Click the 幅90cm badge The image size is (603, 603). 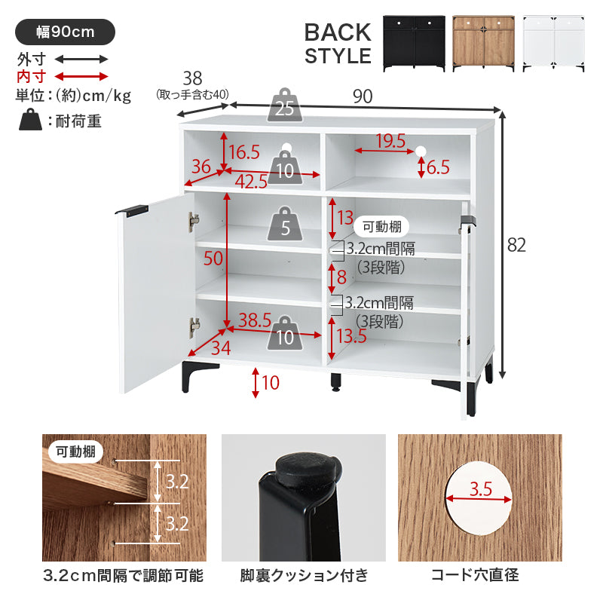coord(65,32)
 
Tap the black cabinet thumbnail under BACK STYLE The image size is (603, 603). coord(414,43)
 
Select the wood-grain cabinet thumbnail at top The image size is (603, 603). coord(483,43)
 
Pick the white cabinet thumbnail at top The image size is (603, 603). coord(553,43)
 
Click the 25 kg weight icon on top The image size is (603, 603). coord(285,105)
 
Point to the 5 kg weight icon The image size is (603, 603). coord(285,224)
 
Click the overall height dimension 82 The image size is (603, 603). coord(516,245)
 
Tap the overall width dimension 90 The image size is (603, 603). coord(363,96)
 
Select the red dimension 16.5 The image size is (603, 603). coord(244,152)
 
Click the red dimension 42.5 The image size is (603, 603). coord(251,182)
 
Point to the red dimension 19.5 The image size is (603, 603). coord(390,140)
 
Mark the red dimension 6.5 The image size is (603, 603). coord(438,167)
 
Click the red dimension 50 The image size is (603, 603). coord(213,259)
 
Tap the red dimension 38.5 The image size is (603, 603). coord(255,320)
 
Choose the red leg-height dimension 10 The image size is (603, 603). coord(271,383)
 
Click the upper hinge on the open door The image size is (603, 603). coord(193,222)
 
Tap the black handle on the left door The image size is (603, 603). coord(131,210)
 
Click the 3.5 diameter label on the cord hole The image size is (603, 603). coord(481,488)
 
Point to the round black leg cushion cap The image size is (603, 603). coord(308,470)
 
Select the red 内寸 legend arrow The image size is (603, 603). coord(81,76)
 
